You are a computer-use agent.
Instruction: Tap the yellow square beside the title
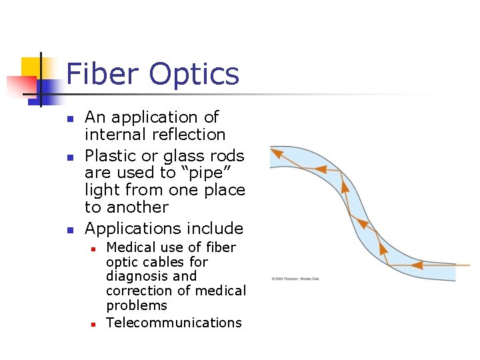[x=31, y=68]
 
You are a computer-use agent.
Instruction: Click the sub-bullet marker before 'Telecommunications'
[x=94, y=324]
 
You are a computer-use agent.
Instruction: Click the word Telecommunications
[x=173, y=323]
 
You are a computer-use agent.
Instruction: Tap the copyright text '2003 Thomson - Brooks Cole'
[x=295, y=278]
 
